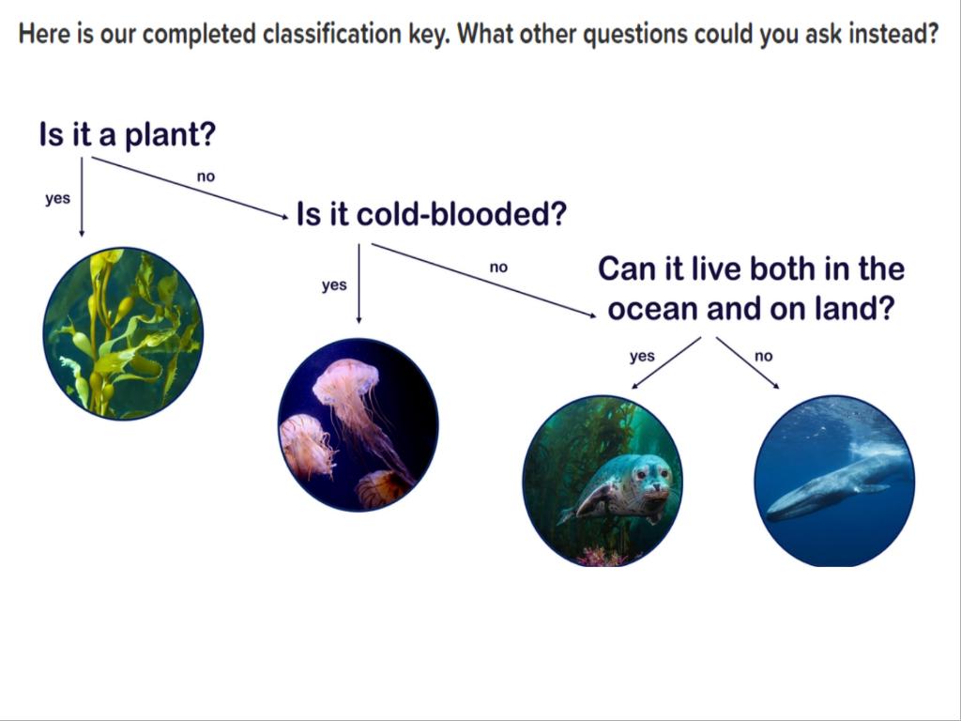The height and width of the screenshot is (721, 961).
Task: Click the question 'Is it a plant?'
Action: (128, 135)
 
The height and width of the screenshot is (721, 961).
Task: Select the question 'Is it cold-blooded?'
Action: (432, 214)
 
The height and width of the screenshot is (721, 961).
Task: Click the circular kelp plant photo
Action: (123, 333)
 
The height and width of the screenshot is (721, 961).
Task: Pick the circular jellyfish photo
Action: (358, 424)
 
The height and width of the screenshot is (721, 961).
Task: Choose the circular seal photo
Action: (603, 480)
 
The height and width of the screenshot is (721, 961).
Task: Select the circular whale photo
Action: (834, 481)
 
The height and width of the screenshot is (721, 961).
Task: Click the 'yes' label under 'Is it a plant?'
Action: (57, 199)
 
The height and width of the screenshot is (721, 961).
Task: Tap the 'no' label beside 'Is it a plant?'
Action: (206, 176)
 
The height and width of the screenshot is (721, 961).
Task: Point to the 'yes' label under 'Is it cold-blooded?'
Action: (334, 285)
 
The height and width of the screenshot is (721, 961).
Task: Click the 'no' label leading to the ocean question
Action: (499, 268)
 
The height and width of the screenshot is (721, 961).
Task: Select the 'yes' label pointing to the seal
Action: (642, 356)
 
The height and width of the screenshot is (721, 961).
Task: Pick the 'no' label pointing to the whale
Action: (764, 356)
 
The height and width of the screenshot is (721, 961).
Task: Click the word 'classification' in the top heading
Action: (332, 34)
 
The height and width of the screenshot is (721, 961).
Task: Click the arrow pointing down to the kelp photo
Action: (82, 197)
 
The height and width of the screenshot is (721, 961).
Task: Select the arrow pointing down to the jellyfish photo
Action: (358, 284)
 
